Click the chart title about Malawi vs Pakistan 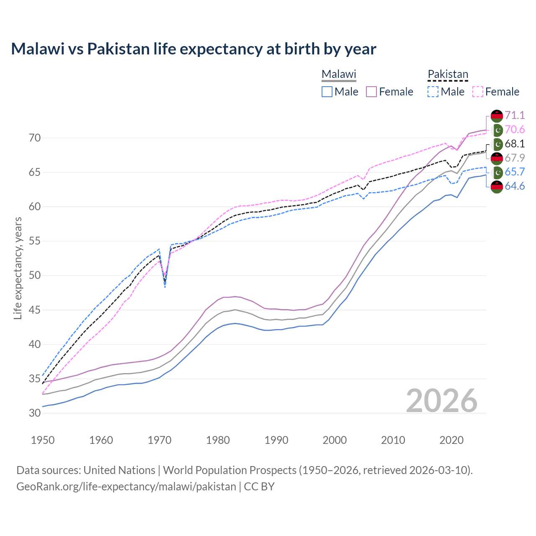pos(193,49)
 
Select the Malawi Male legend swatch pos(327,92)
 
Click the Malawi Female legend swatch pos(372,92)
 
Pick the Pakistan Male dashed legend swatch pos(433,92)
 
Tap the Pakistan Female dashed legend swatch pos(478,92)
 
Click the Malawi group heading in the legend pos(339,74)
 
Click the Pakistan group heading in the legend pos(448,74)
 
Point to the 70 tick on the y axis pos(35,138)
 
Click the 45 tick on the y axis pos(35,310)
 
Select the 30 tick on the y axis pos(35,413)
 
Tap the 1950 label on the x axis pos(43,440)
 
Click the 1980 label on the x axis pos(218,440)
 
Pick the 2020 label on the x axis pos(451,440)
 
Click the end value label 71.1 pos(515,115)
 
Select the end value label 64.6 pos(515,186)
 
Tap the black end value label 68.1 pos(515,144)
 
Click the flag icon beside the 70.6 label pos(497,130)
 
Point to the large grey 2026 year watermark pos(442,401)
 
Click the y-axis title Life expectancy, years pos(18,268)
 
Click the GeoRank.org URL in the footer pos(126,487)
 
